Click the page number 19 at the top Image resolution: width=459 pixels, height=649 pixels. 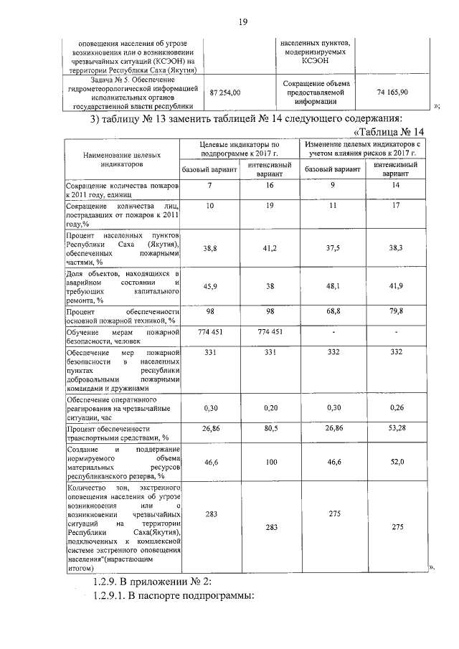(x=242, y=22)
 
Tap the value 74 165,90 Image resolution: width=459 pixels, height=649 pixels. (x=392, y=93)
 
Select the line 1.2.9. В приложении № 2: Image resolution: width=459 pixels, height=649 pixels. (x=152, y=581)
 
